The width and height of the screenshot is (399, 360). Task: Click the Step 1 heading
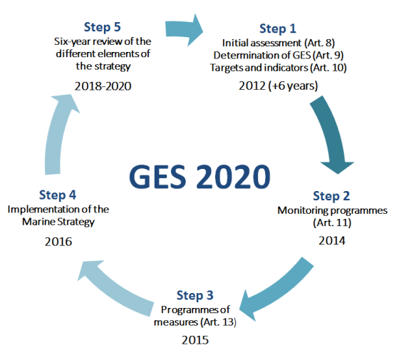click(x=278, y=29)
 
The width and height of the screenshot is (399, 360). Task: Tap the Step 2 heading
click(x=333, y=195)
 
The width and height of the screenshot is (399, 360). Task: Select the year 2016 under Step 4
click(x=58, y=241)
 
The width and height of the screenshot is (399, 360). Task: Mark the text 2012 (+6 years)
click(x=278, y=86)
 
